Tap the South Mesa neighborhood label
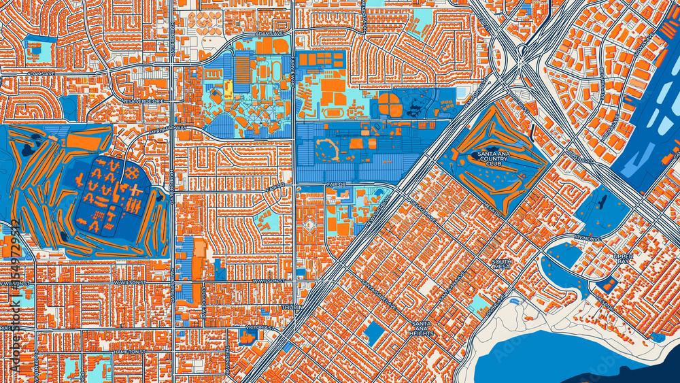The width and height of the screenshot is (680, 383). pos(502,265)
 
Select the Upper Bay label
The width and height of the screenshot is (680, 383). pos(623,259)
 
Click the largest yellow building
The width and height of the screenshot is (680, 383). pos(228,88)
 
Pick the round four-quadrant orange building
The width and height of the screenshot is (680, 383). pos(390,105)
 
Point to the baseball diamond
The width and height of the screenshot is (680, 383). pos(309,225)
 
